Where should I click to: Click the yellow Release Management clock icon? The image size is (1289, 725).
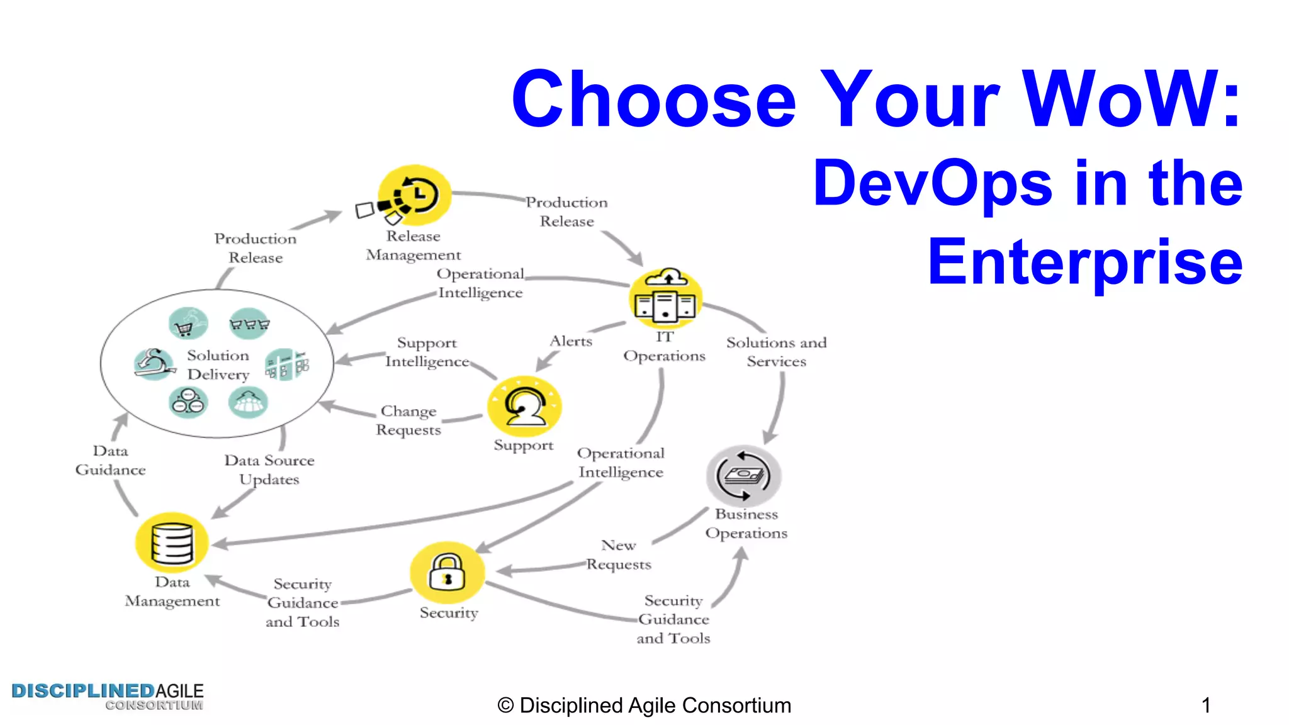tap(414, 196)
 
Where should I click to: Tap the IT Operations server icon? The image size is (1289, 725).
tap(666, 299)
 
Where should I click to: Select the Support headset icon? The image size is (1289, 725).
tap(524, 406)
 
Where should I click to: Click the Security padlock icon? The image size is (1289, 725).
tap(447, 572)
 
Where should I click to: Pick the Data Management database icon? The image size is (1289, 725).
tap(172, 542)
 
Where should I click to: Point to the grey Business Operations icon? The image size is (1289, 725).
tap(743, 476)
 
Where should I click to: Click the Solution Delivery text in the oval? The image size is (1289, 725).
tap(218, 365)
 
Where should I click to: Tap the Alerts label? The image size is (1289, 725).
tap(571, 341)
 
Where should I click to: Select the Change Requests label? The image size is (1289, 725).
tap(408, 420)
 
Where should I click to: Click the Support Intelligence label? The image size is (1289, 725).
tap(427, 352)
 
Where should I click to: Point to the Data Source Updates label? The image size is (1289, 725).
tap(269, 469)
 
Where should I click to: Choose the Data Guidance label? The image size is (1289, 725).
tap(110, 460)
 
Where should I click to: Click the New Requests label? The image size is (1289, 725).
tap(619, 554)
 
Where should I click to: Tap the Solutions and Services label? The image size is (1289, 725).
tap(776, 352)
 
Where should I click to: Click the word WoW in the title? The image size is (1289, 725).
tap(1120, 99)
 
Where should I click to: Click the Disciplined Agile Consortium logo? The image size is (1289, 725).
tap(108, 696)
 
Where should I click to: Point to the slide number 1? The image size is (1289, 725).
tap(1205, 705)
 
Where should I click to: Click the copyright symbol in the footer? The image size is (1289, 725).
tap(505, 706)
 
